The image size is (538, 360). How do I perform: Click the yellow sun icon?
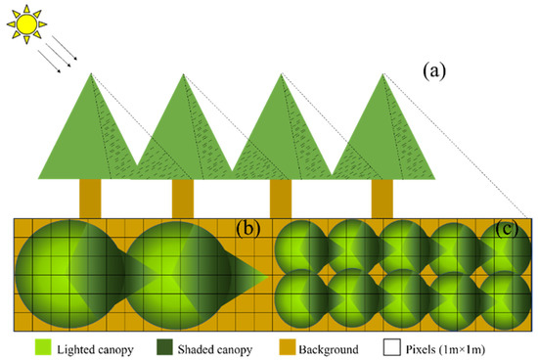pyautogui.click(x=23, y=22)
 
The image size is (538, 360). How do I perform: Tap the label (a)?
pyautogui.click(x=433, y=71)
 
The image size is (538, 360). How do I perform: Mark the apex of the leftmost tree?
pyautogui.click(x=90, y=74)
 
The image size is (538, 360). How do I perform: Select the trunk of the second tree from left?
pyautogui.click(x=183, y=199)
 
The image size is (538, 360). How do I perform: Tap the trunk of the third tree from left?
pyautogui.click(x=280, y=199)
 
